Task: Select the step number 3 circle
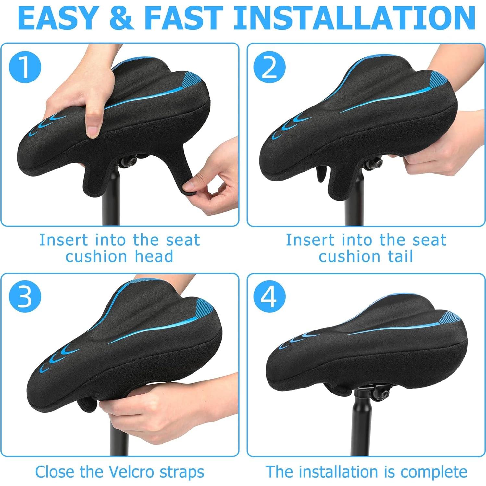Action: click(x=25, y=297)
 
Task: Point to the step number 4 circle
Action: click(x=269, y=297)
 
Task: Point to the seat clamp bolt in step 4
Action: click(x=385, y=394)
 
